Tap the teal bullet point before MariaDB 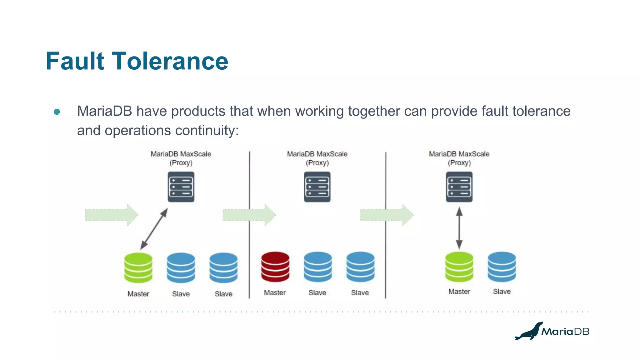pyautogui.click(x=57, y=112)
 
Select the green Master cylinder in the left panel pyautogui.click(x=138, y=267)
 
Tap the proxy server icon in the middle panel pyautogui.click(x=317, y=187)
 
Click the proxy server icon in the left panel pyautogui.click(x=181, y=187)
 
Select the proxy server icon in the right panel pyautogui.click(x=459, y=187)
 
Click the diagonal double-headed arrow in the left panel pyautogui.click(x=154, y=229)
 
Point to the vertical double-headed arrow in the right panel pyautogui.click(x=459, y=228)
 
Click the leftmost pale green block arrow pyautogui.click(x=111, y=215)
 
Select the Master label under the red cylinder pyautogui.click(x=275, y=293)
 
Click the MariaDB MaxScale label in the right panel pyautogui.click(x=459, y=154)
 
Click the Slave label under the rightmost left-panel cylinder pyautogui.click(x=223, y=294)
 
